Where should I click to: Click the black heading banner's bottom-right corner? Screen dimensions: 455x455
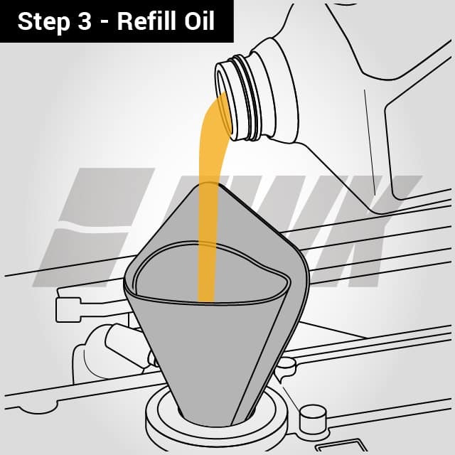[x=232, y=41]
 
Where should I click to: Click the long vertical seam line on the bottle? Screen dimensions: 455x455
[x=369, y=142]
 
